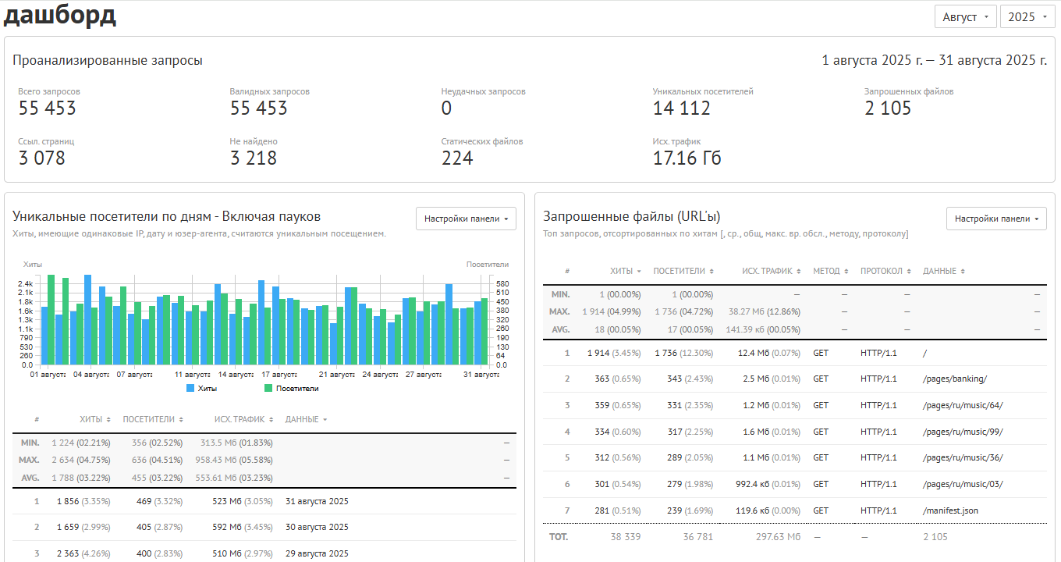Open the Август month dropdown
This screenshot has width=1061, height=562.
point(965,17)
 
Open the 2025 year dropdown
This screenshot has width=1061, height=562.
point(1027,17)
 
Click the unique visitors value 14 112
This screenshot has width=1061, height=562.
point(682,108)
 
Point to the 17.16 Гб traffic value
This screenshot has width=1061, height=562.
point(687,158)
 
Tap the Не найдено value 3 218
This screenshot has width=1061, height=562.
point(254,158)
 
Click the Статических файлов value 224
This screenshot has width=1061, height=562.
point(457,158)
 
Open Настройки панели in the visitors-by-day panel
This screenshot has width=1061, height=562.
point(466,219)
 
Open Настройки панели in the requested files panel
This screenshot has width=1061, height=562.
point(996,219)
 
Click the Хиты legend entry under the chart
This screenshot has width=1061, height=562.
point(202,388)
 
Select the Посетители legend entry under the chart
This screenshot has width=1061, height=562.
point(291,388)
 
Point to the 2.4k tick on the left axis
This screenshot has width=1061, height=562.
point(26,284)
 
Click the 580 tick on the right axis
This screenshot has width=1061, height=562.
point(502,284)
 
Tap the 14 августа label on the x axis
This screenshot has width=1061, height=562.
point(236,375)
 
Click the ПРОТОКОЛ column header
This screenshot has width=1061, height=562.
point(882,271)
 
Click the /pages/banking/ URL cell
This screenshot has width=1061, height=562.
point(955,379)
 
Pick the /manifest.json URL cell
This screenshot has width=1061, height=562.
point(951,510)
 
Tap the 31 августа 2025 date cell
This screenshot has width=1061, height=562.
point(317,501)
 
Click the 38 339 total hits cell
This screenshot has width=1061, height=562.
point(625,537)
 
